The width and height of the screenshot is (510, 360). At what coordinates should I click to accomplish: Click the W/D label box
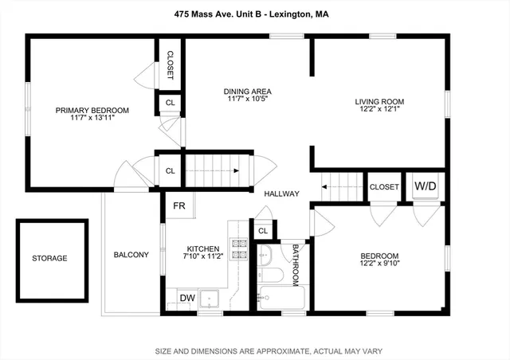pyautogui.click(x=426, y=186)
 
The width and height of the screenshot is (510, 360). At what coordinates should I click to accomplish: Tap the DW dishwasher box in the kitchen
pyautogui.click(x=187, y=298)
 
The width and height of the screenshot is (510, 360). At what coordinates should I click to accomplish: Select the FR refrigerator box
pyautogui.click(x=179, y=205)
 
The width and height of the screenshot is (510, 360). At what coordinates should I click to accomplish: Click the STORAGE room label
pyautogui.click(x=49, y=258)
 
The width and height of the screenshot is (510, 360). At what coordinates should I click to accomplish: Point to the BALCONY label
pyautogui.click(x=131, y=255)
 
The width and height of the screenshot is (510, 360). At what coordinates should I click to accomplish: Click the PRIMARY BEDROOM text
pyautogui.click(x=92, y=111)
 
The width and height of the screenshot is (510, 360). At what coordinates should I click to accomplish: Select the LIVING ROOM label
pyautogui.click(x=380, y=102)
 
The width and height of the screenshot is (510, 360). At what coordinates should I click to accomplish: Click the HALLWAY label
pyautogui.click(x=281, y=194)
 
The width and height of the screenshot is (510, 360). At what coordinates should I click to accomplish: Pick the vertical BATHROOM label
pyautogui.click(x=295, y=264)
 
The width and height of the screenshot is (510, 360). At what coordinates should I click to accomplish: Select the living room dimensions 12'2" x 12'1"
pyautogui.click(x=380, y=112)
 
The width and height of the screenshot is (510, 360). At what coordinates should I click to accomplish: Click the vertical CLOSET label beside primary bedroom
pyautogui.click(x=170, y=65)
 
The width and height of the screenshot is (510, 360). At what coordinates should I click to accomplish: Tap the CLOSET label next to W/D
pyautogui.click(x=384, y=187)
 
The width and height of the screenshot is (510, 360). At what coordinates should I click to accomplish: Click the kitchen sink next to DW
pyautogui.click(x=213, y=299)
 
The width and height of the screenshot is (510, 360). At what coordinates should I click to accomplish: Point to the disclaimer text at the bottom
pyautogui.click(x=254, y=350)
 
